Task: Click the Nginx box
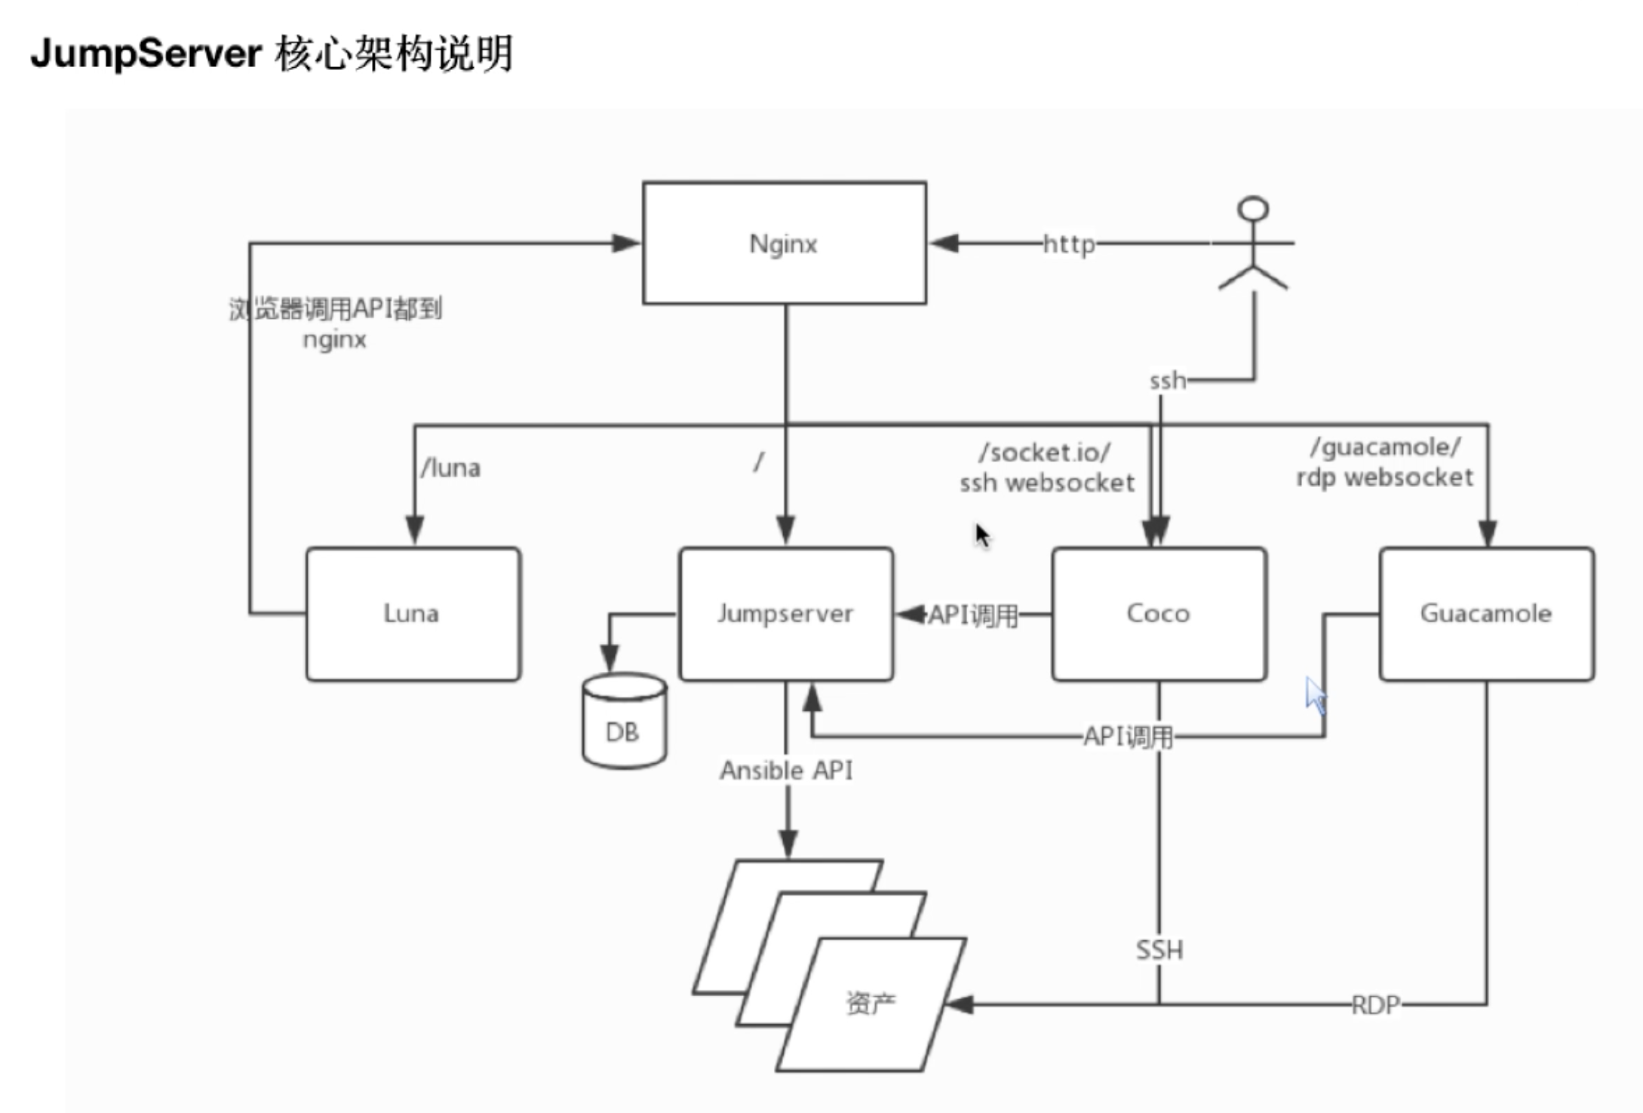[x=785, y=243]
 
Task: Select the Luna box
[x=413, y=614]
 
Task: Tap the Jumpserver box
[x=785, y=614]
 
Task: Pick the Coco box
[x=1159, y=614]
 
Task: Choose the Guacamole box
[x=1486, y=614]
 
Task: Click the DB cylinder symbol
[x=624, y=722]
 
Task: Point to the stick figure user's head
[x=1253, y=209]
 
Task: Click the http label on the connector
[x=1069, y=244]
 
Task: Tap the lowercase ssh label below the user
[x=1167, y=381]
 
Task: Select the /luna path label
[x=450, y=468]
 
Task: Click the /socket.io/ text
[x=1045, y=452]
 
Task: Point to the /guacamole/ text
[x=1386, y=447]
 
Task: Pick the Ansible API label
[x=786, y=771]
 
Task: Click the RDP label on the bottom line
[x=1375, y=1005]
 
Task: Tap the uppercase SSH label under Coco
[x=1159, y=950]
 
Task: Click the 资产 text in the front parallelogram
[x=871, y=1003]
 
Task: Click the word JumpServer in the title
[x=146, y=54]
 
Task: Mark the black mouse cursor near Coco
[x=982, y=536]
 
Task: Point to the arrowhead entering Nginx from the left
[x=626, y=243]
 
